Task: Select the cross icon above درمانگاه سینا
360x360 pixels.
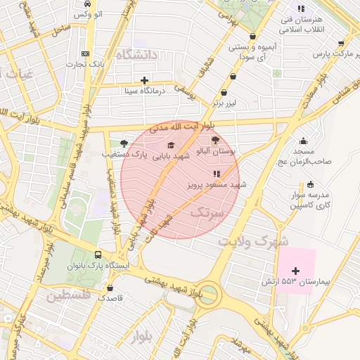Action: [x=144, y=79]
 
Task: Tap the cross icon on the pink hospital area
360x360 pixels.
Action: [x=295, y=270]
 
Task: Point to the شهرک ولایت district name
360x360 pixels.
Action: [x=252, y=240]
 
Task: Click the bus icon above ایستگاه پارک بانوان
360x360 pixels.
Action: [x=97, y=255]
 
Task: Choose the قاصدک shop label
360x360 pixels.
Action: [x=110, y=297]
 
